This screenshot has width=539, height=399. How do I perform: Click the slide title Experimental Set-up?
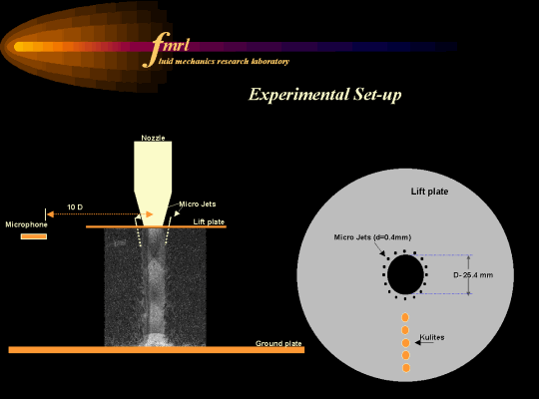pyautogui.click(x=324, y=95)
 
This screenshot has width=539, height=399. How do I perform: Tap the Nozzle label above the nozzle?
pyautogui.click(x=153, y=138)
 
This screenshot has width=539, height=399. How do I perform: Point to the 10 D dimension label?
pyautogui.click(x=75, y=207)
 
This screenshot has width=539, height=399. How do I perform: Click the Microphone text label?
pyautogui.click(x=27, y=224)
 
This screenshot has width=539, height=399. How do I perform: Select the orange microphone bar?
pyautogui.click(x=34, y=236)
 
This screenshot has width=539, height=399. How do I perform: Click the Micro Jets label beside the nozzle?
pyautogui.click(x=198, y=204)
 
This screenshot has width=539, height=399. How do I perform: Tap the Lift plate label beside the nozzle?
pyautogui.click(x=209, y=221)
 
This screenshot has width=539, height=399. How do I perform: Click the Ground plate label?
pyautogui.click(x=278, y=343)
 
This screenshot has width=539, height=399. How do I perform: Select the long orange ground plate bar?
pyautogui.click(x=157, y=350)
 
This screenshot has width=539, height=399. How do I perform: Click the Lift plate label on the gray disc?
pyautogui.click(x=429, y=192)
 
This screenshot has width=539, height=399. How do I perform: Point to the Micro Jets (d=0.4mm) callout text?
pyautogui.click(x=372, y=237)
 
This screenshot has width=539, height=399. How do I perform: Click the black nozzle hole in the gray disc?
pyautogui.click(x=405, y=274)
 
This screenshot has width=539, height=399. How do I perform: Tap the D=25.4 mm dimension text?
pyautogui.click(x=473, y=275)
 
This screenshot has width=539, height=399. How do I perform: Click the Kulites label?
pyautogui.click(x=432, y=337)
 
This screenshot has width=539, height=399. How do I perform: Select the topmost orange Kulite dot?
pyautogui.click(x=405, y=317)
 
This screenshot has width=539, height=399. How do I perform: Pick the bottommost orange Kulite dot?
pyautogui.click(x=406, y=368)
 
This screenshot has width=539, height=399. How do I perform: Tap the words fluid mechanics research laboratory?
pyautogui.click(x=224, y=62)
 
